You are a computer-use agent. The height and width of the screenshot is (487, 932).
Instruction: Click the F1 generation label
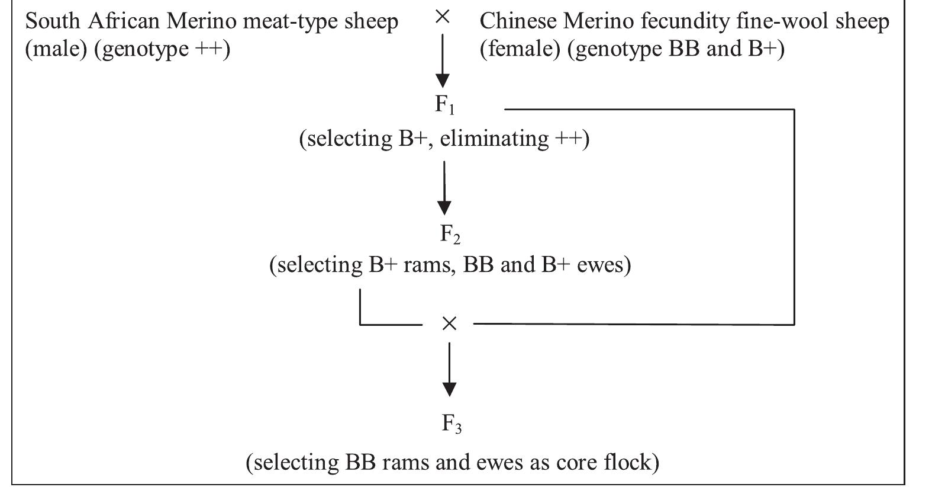tap(445, 105)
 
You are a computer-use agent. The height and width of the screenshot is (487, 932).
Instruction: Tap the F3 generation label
tap(451, 424)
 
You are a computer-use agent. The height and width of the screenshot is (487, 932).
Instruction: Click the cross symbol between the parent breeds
tap(442, 18)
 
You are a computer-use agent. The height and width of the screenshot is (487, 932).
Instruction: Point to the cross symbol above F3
tap(449, 323)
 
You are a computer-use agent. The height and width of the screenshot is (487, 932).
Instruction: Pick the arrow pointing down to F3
tap(449, 370)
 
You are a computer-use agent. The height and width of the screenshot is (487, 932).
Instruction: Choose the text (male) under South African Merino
tap(56, 49)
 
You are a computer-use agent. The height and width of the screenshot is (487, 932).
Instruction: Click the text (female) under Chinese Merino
tap(520, 49)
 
